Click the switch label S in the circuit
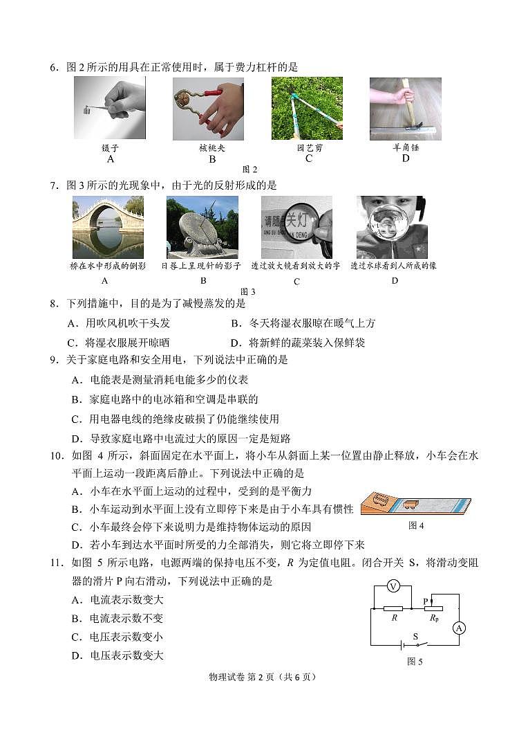click(415, 636)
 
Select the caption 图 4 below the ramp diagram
click(415, 526)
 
